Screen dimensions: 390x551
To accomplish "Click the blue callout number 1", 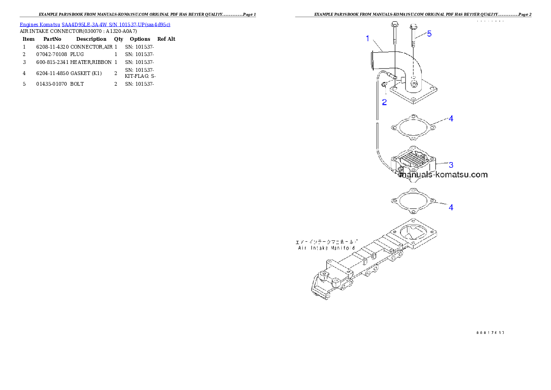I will (x=368, y=39).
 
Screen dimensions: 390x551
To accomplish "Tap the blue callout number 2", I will (x=384, y=102).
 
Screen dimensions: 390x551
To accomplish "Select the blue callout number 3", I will (x=451, y=164).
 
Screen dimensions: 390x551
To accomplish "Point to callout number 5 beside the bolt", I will (x=429, y=34).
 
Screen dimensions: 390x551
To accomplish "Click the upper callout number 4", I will (x=451, y=119).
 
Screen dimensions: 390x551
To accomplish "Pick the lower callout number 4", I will (x=451, y=207).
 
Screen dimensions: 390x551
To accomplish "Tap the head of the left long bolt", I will (x=394, y=24).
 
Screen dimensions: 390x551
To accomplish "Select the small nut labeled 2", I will (x=384, y=84).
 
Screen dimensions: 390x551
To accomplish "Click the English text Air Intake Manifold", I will (x=327, y=248).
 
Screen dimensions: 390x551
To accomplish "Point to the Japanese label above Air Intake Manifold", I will (x=327, y=242).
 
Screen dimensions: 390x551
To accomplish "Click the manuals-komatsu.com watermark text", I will (x=444, y=175).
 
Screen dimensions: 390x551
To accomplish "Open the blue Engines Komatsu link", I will (x=95, y=24).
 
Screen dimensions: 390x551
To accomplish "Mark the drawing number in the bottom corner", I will (x=489, y=332).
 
